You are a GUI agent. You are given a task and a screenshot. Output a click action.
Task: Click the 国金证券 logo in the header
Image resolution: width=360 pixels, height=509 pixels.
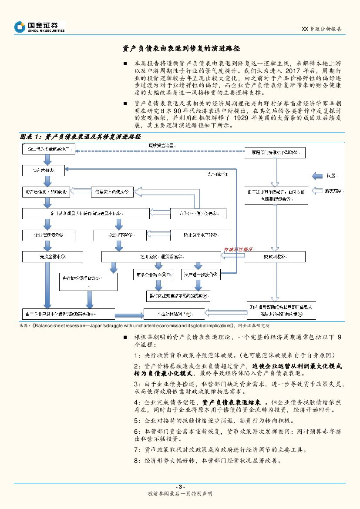(39, 27)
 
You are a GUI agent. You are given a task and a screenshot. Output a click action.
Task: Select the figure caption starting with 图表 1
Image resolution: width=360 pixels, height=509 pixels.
(81, 137)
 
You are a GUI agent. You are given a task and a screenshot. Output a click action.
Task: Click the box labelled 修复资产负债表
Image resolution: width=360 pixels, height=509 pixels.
(111, 191)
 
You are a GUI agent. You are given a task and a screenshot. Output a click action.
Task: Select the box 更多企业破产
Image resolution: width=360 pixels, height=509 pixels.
(153, 275)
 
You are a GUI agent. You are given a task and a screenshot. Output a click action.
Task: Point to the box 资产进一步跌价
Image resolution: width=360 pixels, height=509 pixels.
(201, 275)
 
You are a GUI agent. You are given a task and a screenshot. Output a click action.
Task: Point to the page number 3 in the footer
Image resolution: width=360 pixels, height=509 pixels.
(180, 486)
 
